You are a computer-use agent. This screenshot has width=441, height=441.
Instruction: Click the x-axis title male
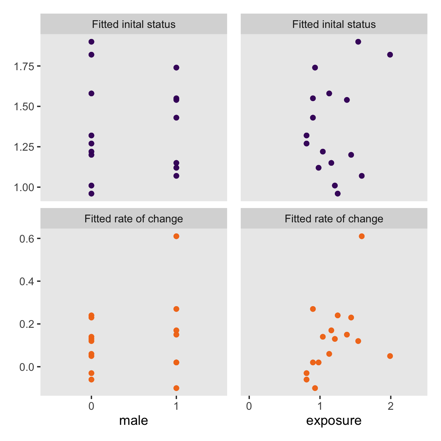133,420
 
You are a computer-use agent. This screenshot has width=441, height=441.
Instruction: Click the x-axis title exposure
334,420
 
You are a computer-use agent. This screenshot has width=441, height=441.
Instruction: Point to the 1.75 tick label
24,66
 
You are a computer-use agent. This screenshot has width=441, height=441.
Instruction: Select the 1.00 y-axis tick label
24,187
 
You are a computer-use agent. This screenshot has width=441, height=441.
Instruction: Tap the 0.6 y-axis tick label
26,239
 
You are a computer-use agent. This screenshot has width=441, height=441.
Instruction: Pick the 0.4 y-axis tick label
26,282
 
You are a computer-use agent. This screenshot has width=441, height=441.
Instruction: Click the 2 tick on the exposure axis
391,406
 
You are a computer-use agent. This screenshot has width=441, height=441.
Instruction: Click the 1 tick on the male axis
176,406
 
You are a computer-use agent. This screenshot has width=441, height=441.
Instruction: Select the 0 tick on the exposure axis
249,406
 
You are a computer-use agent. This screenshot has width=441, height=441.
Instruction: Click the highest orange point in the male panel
176,236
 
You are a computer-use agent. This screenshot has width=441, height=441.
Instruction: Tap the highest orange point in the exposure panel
362,236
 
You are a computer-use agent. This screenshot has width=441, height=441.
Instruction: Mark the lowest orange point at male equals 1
176,388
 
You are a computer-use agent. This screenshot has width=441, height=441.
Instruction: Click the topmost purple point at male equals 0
92,42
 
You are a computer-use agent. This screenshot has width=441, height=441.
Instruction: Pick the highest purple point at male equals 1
176,68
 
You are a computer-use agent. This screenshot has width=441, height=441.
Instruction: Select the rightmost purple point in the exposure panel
390,55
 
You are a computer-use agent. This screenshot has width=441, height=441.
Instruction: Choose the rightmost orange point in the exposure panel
390,356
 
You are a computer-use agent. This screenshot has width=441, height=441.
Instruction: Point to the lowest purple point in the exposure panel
338,194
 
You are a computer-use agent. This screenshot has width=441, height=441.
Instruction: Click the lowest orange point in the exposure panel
315,388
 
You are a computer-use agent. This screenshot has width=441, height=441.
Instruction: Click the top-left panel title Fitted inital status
133,25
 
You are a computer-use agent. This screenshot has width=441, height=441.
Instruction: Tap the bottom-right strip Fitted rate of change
334,219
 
